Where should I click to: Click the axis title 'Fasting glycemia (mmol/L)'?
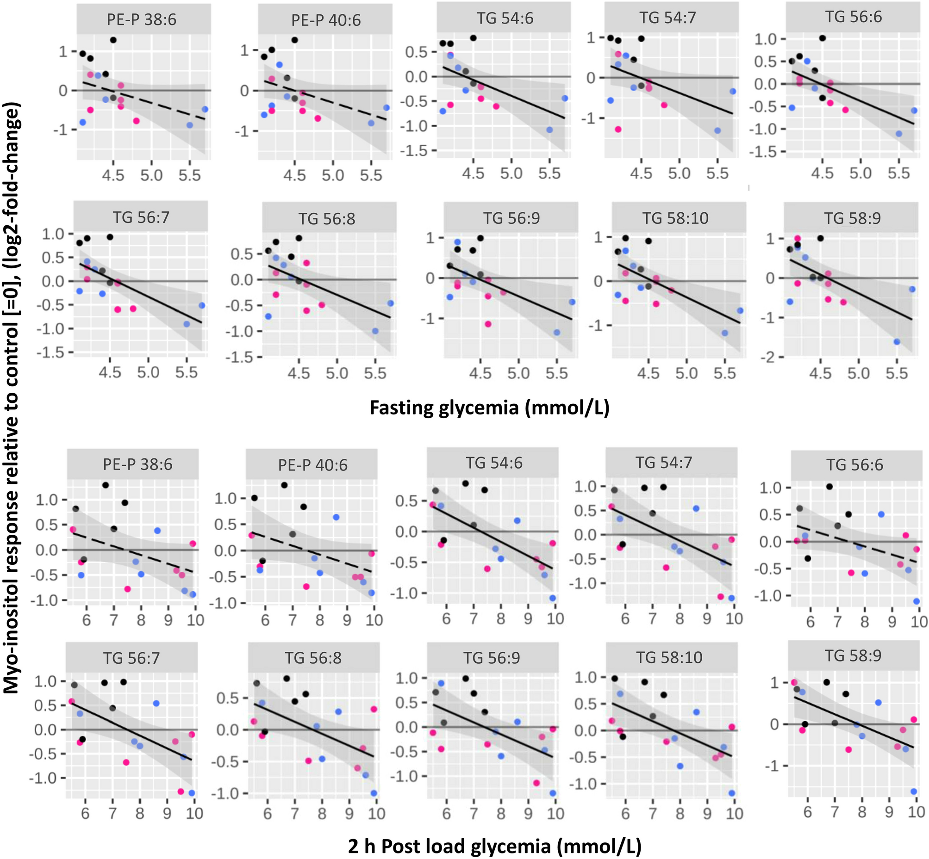tap(489, 408)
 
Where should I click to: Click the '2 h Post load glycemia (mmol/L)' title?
tap(494, 846)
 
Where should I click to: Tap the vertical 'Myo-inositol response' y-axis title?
tap(12, 400)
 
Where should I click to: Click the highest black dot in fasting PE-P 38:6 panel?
tap(113, 40)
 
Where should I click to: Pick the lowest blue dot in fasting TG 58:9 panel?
tap(897, 342)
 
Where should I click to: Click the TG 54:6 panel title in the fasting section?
tap(505, 19)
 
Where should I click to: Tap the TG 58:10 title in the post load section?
tap(669, 657)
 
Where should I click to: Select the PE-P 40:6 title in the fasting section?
tap(326, 20)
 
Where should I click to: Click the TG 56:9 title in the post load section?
tap(491, 658)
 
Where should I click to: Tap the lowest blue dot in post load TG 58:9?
tap(913, 791)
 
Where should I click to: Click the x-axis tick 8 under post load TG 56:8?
tap(322, 814)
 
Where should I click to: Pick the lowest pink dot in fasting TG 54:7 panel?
tap(618, 129)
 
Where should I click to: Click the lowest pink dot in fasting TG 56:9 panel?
tap(488, 324)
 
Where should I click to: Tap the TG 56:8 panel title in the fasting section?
tap(327, 218)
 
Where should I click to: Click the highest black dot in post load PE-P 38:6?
tap(106, 485)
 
